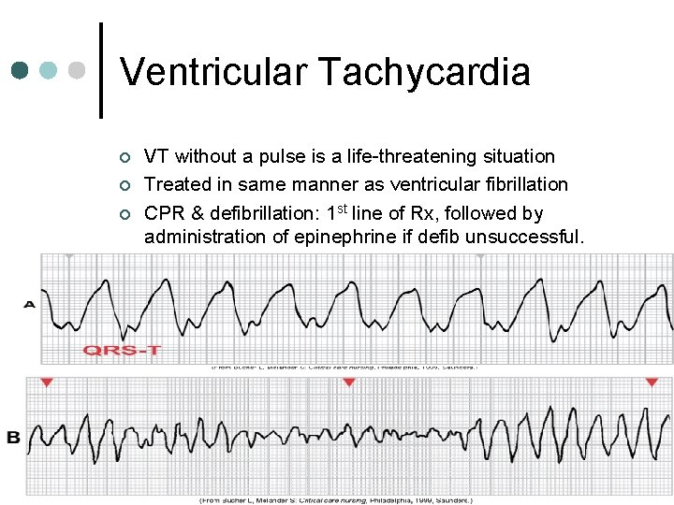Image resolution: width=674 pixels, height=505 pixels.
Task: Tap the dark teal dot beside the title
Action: coord(22,71)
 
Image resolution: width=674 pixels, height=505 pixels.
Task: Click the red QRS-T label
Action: coord(122,350)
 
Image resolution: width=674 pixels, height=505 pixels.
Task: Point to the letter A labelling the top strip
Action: coord(30,304)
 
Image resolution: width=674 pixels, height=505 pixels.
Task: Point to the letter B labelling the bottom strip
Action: coord(13,438)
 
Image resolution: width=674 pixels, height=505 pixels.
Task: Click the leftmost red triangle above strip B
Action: coord(47,383)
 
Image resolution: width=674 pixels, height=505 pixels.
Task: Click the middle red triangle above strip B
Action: coord(349,383)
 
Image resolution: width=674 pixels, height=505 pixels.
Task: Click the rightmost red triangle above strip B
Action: coord(652,383)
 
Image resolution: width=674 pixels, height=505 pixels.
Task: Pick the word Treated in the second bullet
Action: coord(175,184)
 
